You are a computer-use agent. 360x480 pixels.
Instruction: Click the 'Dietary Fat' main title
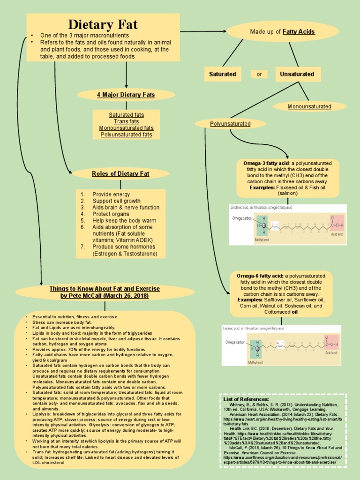coord(103,24)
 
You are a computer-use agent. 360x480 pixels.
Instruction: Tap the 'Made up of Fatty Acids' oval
coord(282,31)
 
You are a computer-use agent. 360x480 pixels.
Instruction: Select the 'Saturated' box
coord(222,74)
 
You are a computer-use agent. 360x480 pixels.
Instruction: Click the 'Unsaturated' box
coord(297,74)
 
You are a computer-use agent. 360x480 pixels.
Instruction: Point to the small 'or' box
coord(259,74)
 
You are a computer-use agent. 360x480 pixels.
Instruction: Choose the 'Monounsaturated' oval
coord(309,106)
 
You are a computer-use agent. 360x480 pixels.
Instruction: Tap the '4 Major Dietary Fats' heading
coord(126,95)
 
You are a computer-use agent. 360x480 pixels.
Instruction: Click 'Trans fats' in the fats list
coord(126,121)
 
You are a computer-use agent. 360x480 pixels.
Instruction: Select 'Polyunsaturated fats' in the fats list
coord(126,135)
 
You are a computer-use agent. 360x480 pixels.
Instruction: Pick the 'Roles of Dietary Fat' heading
coord(120,173)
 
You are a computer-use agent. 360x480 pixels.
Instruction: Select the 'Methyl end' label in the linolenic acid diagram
coord(262,240)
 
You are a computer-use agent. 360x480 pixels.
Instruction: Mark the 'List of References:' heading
coord(243,399)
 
